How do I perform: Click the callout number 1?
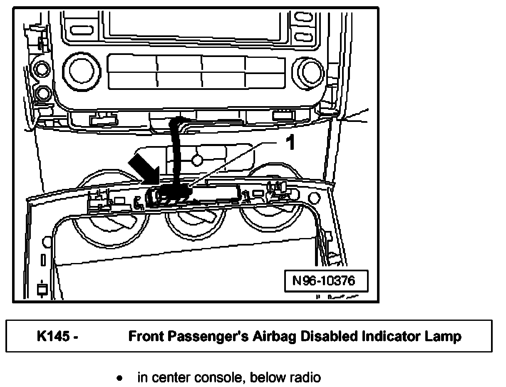click(x=290, y=143)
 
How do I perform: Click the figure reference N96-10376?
click(x=324, y=281)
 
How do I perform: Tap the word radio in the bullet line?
click(x=306, y=378)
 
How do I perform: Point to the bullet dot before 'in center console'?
click(x=119, y=378)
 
